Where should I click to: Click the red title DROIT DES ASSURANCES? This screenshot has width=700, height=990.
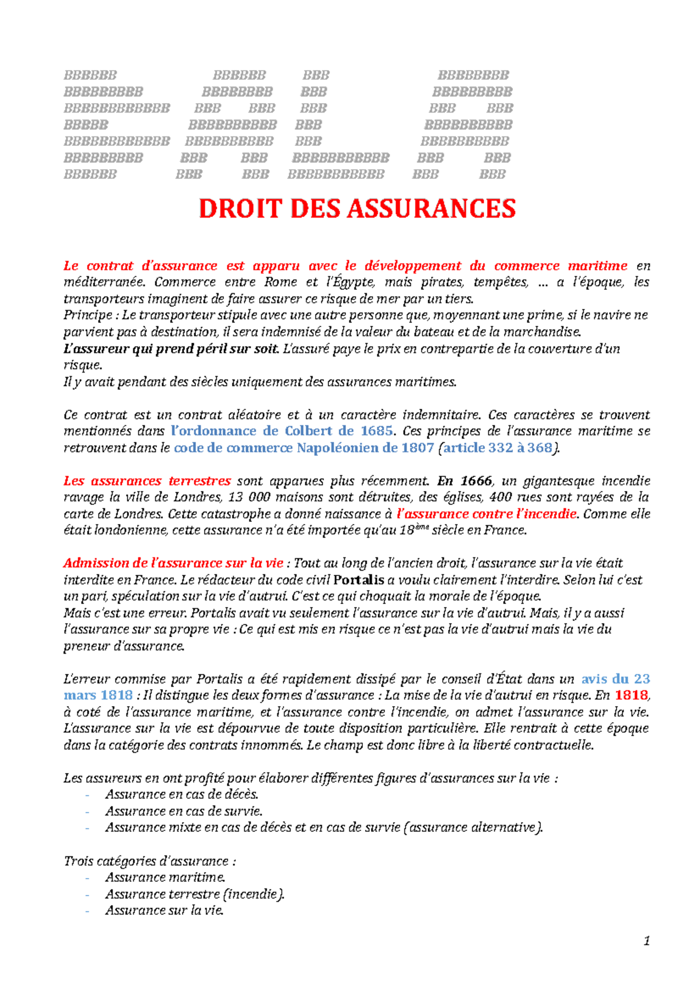coord(357,209)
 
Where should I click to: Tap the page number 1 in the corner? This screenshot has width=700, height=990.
coord(646,940)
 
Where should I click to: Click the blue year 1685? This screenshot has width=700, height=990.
coord(376,431)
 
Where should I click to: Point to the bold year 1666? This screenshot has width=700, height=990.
coord(475,481)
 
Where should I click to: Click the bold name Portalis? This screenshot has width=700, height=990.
coord(359,580)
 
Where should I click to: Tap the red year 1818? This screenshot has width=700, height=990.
coord(631,695)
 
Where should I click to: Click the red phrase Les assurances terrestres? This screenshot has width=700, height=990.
coord(147,481)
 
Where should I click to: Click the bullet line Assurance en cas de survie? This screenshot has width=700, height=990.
coord(184,811)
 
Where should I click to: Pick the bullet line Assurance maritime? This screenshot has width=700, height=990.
coord(165,877)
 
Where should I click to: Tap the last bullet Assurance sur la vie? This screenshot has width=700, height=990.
coord(164,911)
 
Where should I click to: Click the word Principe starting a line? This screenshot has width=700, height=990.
coord(87,315)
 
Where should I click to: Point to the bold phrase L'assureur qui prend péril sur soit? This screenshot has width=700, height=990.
coord(171,349)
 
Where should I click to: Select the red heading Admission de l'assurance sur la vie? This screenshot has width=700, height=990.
coord(173,563)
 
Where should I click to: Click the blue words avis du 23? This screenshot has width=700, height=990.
coord(615,679)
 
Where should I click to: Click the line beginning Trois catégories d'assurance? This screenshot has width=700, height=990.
coord(149,861)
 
